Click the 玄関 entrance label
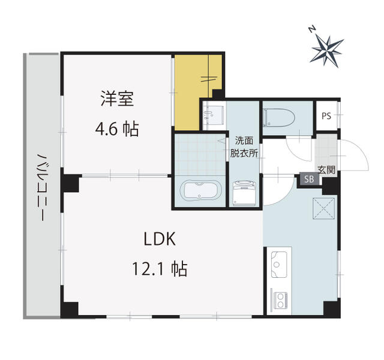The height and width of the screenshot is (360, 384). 326,170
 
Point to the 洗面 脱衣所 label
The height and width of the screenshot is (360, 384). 244,147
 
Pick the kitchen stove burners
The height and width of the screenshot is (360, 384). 280,298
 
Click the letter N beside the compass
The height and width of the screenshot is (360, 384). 311,28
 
